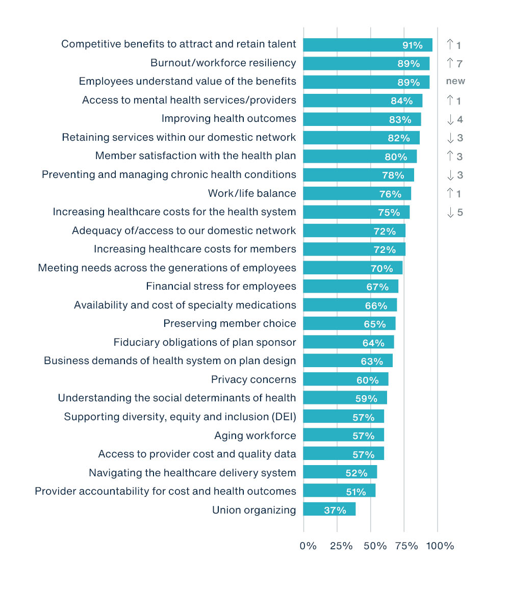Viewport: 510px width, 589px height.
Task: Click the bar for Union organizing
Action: [329, 509]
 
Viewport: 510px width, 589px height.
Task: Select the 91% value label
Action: [412, 45]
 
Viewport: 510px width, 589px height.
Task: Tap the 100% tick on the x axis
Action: [440, 546]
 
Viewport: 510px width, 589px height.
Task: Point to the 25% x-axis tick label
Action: [341, 546]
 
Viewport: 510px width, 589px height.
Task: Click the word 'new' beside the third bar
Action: [455, 82]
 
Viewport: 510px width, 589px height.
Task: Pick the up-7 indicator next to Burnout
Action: [454, 63]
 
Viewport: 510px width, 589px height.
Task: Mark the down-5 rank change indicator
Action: [454, 212]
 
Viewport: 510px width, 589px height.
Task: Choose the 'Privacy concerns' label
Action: [253, 379]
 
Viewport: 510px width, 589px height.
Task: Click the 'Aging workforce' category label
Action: [255, 436]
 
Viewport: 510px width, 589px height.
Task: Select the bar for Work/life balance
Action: [356, 193]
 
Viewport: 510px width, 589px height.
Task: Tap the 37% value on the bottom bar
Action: [335, 510]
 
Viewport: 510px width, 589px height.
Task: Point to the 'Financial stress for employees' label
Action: [221, 286]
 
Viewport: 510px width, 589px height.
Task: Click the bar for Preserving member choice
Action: [349, 323]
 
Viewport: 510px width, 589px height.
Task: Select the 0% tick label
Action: [308, 546]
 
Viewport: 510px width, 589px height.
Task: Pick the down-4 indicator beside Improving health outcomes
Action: [454, 119]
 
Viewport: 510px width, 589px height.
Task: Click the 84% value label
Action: [401, 101]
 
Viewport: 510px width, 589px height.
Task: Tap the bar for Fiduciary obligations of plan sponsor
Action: [348, 342]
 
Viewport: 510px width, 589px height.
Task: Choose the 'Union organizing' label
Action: [254, 509]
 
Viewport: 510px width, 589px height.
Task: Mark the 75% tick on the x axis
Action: [406, 546]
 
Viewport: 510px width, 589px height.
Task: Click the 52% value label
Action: [356, 473]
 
